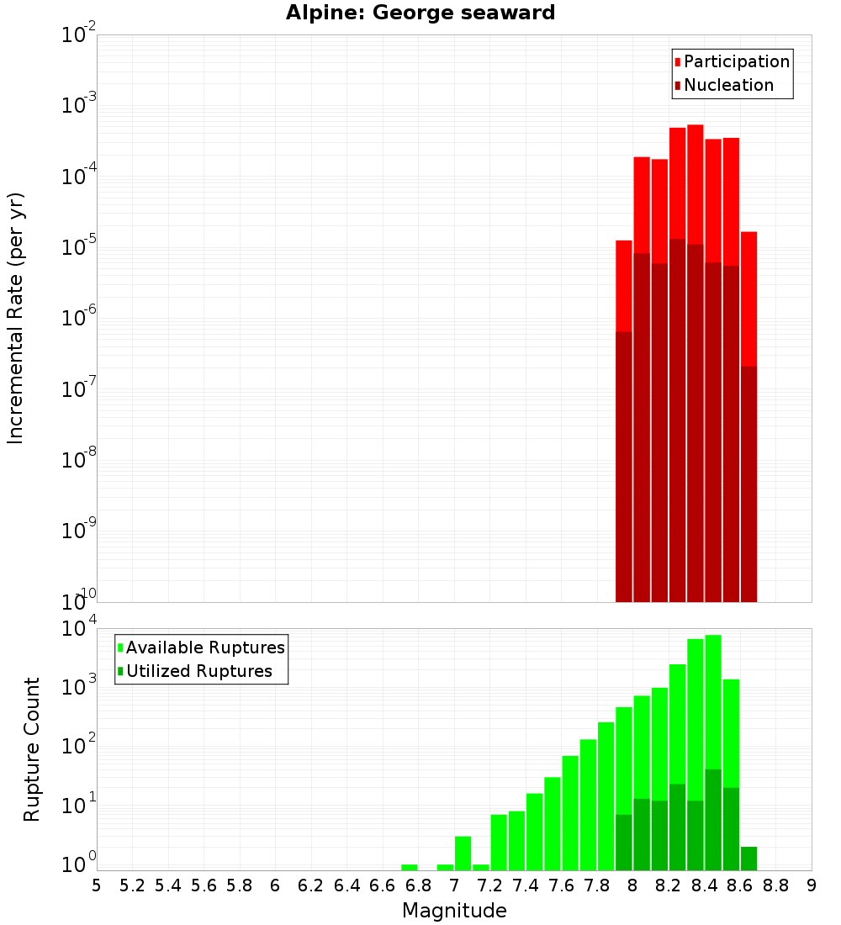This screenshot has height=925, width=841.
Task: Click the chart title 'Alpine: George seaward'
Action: (x=420, y=13)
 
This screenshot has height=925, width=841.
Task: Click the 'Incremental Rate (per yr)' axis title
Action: (x=15, y=318)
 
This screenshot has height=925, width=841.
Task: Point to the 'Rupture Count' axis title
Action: (x=32, y=748)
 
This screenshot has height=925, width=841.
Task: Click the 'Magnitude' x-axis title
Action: (x=454, y=911)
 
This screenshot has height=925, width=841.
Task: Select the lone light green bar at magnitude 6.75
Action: (x=410, y=867)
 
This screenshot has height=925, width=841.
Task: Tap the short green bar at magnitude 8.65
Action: (x=748, y=859)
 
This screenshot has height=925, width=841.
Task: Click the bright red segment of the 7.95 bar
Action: (x=624, y=286)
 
